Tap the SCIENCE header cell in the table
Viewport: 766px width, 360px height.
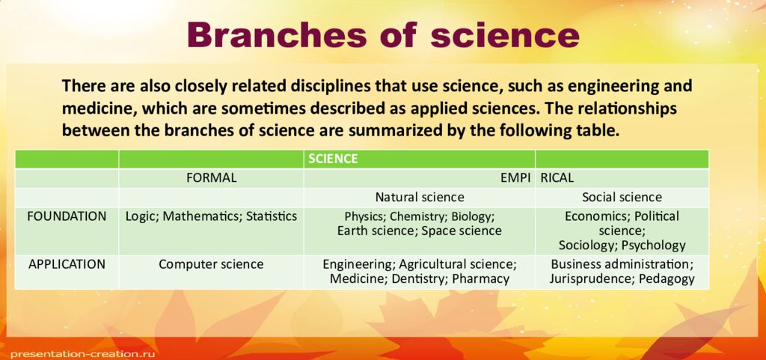pyautogui.click(x=334, y=159)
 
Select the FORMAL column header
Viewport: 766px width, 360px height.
pyautogui.click(x=211, y=178)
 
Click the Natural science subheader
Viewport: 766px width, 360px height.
pyautogui.click(x=420, y=198)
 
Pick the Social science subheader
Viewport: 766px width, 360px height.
pyautogui.click(x=622, y=198)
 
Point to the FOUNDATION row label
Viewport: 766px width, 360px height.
pyautogui.click(x=67, y=216)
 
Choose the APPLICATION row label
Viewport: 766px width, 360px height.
pyautogui.click(x=67, y=264)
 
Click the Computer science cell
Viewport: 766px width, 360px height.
pyautogui.click(x=211, y=264)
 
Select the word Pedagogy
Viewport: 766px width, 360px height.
pyautogui.click(x=666, y=278)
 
